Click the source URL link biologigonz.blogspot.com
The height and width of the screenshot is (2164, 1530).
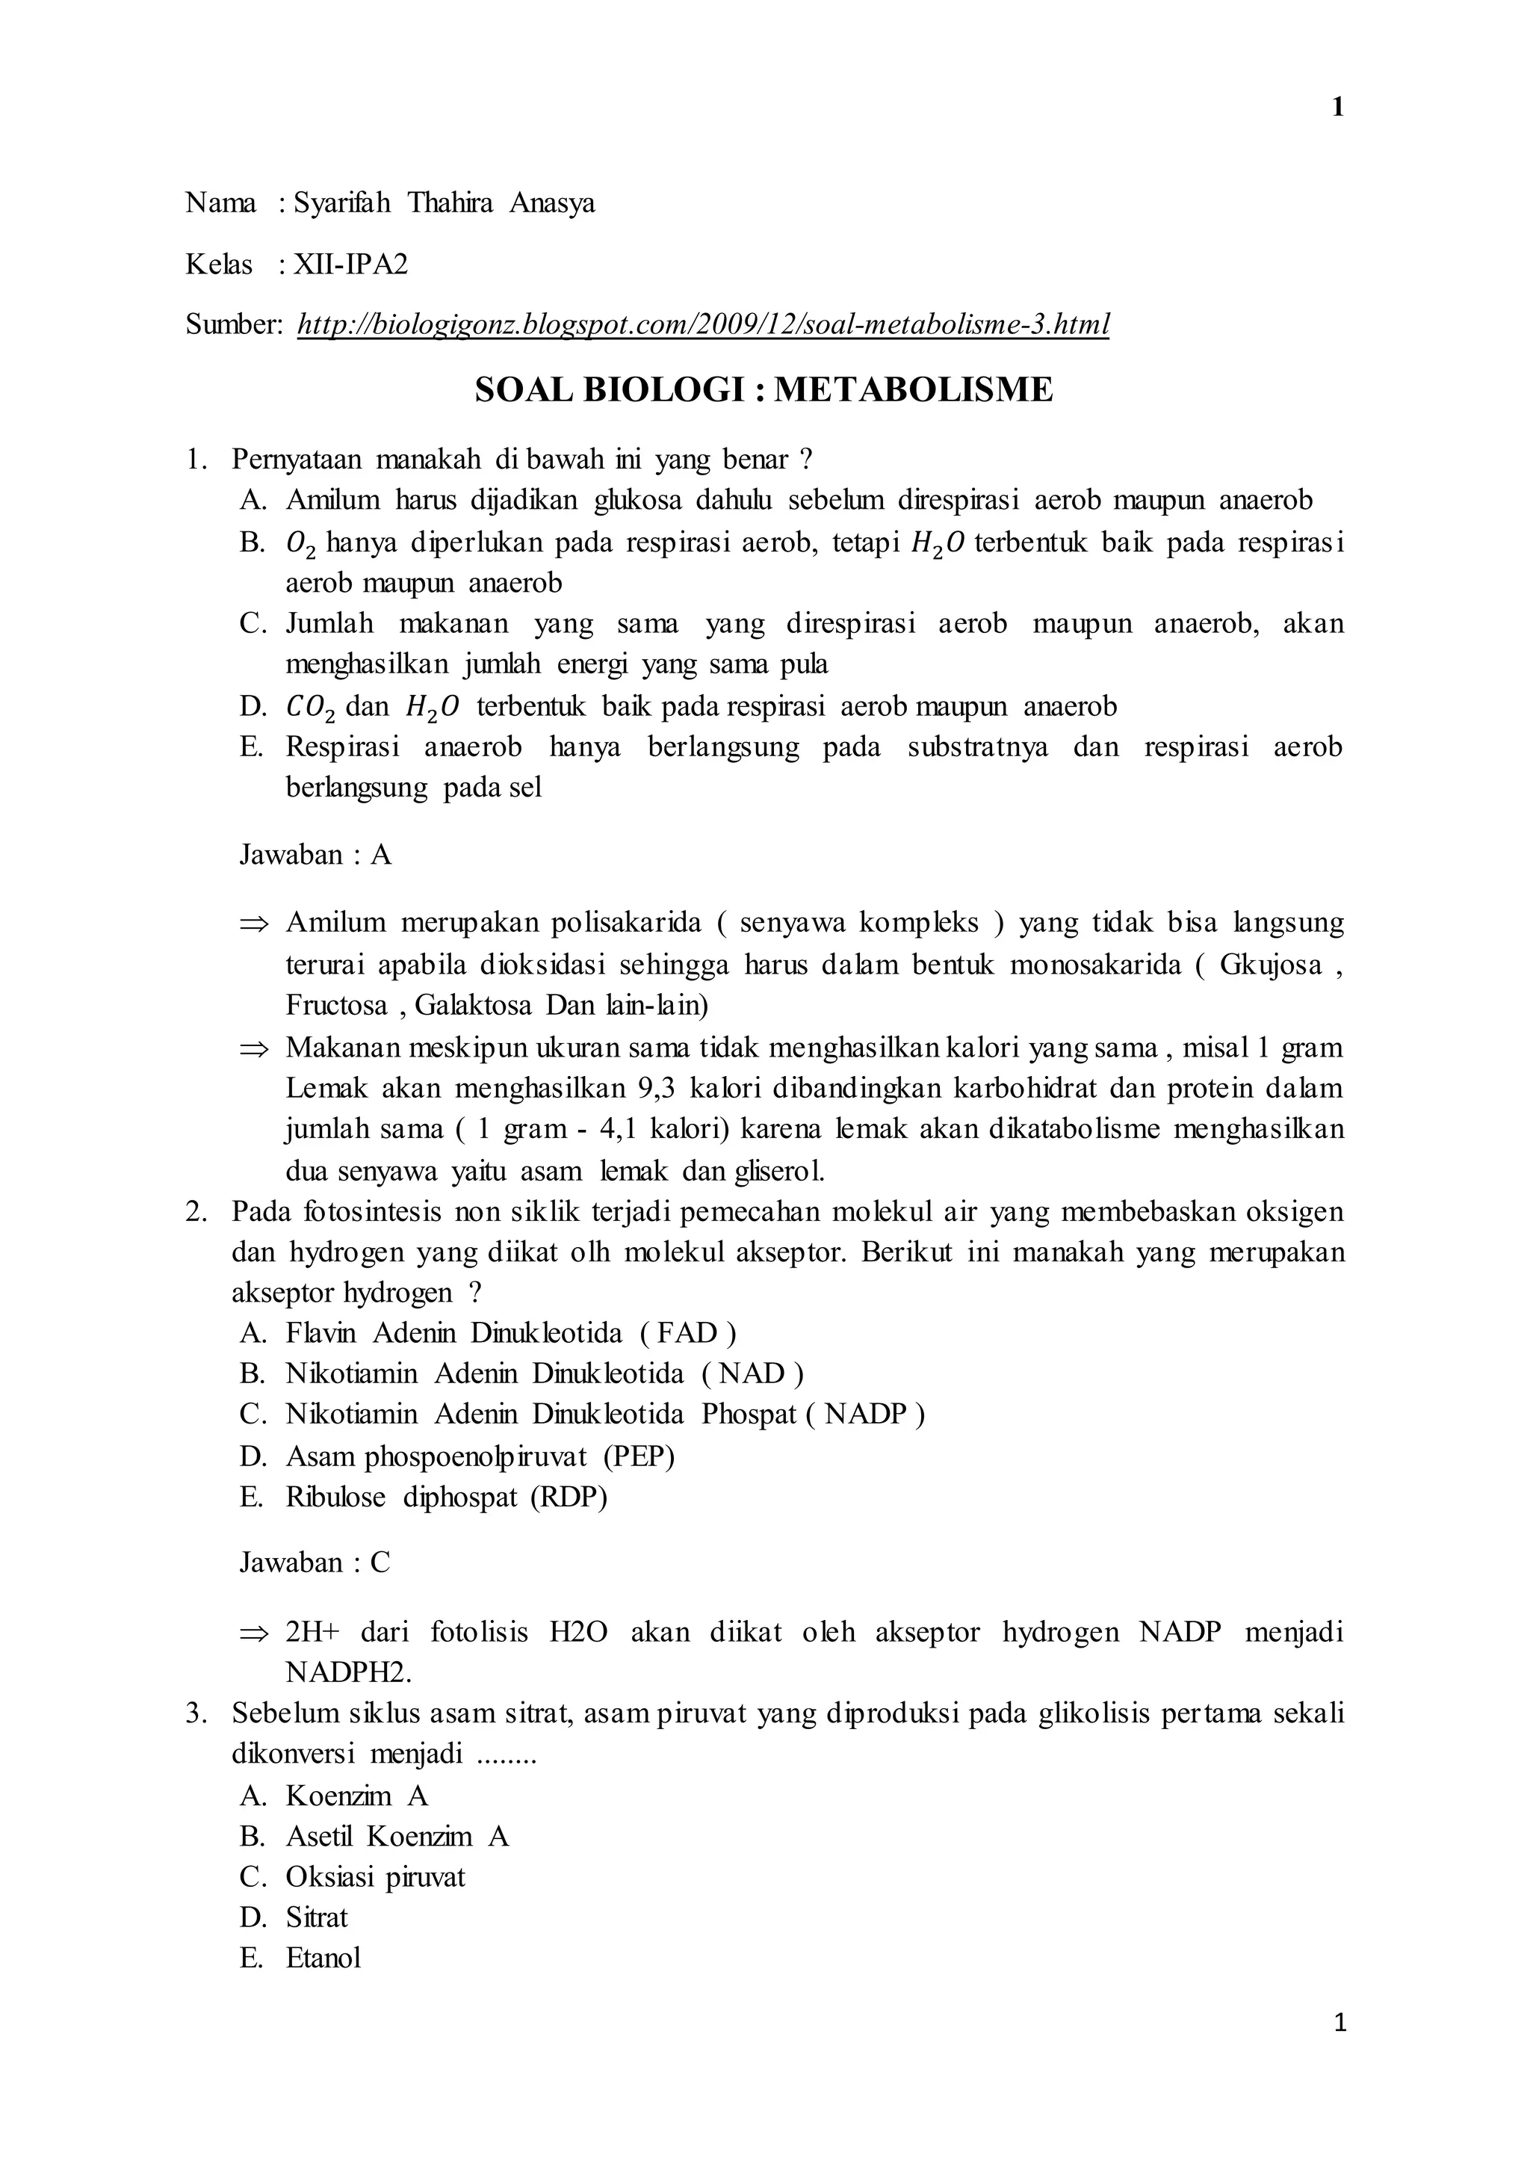703,324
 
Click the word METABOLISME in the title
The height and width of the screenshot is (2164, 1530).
913,389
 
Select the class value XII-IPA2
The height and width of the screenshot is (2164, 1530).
350,264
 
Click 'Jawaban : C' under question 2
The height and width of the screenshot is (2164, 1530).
315,1562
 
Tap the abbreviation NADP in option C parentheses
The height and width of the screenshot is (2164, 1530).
865,1414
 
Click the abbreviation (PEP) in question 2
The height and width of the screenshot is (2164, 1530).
639,1456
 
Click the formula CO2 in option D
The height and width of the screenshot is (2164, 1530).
309,707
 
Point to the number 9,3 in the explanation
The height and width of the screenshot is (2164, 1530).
657,1089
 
